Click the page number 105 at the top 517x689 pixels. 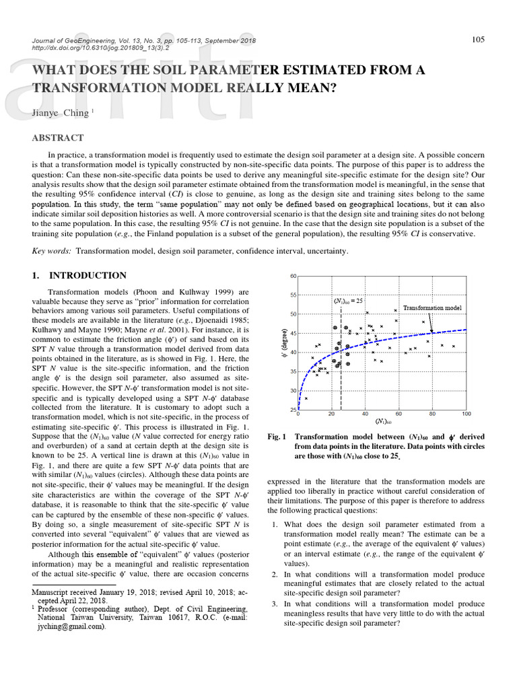click(477, 40)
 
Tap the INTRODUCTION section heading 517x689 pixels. click(88, 275)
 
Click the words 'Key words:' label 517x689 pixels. click(53, 251)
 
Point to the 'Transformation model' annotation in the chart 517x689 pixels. click(432, 307)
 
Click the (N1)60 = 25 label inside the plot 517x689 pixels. click(349, 301)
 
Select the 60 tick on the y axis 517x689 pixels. click(293, 276)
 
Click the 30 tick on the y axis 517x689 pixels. click(293, 390)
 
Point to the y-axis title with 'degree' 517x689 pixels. click(283, 343)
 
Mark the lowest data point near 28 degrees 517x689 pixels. click(306, 398)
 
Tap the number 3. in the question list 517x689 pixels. click(275, 604)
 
